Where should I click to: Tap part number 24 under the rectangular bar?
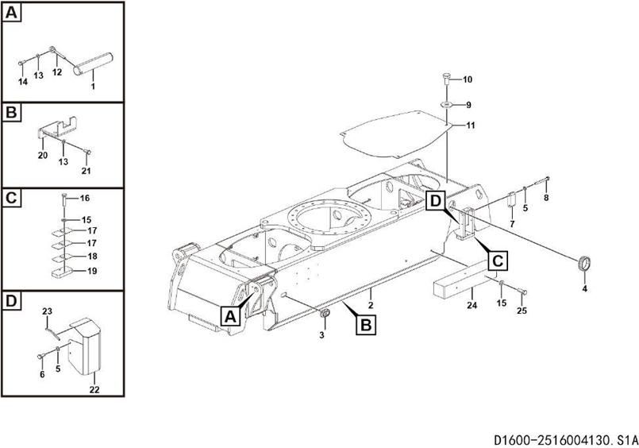click(x=471, y=306)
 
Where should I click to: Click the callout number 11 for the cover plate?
click(x=471, y=126)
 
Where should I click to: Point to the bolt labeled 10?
click(x=445, y=79)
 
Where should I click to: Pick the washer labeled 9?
click(x=445, y=104)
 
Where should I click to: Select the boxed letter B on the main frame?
click(x=367, y=324)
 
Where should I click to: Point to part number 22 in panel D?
click(x=94, y=388)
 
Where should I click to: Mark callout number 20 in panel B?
click(x=43, y=156)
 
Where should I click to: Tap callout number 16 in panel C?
click(x=85, y=197)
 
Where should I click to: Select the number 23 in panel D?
click(x=47, y=311)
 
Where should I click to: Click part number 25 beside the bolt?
click(x=522, y=310)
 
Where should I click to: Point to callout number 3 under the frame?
click(x=321, y=335)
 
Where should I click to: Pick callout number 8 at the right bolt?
click(x=545, y=197)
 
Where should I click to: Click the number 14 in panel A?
click(x=22, y=82)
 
